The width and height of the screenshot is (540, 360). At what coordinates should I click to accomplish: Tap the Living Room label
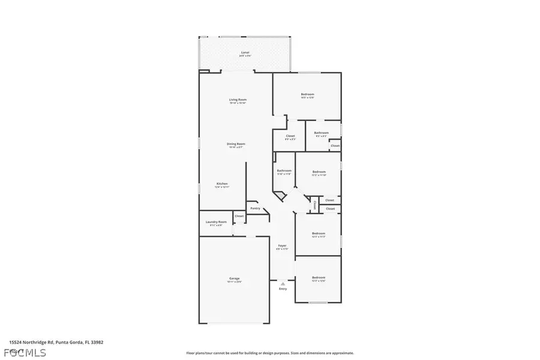point(238,100)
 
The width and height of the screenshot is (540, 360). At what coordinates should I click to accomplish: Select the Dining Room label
point(236,145)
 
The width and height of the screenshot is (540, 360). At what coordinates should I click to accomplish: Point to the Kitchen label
point(222,184)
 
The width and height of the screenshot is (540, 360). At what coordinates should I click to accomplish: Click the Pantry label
point(255,209)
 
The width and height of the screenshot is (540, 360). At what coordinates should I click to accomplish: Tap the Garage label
point(235,278)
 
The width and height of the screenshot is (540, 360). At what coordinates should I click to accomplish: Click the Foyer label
point(282,246)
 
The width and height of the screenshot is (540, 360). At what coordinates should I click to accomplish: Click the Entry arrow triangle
point(283,283)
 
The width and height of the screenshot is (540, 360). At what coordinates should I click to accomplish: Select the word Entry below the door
point(283,289)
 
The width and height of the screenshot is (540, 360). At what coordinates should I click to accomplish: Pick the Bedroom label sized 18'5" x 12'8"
point(307,95)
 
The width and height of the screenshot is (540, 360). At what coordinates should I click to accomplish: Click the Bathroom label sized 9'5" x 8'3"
point(321,133)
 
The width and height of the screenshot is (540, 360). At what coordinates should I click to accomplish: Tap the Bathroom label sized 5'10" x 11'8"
point(284,172)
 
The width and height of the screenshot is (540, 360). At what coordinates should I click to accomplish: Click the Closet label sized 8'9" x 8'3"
point(290,137)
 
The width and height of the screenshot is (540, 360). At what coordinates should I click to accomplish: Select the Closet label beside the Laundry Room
point(239,216)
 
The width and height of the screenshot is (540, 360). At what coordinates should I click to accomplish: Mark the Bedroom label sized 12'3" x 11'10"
point(319,172)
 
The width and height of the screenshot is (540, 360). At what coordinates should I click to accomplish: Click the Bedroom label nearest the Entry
point(318,278)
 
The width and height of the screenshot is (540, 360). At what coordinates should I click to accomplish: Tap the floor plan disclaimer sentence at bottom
point(270,353)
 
